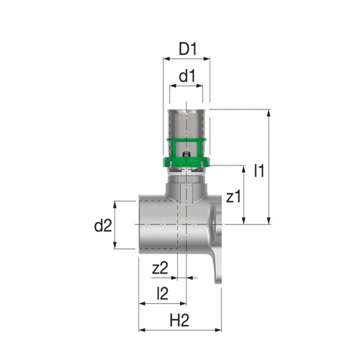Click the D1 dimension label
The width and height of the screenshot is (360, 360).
coord(187,50)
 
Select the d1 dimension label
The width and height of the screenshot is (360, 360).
coord(187,74)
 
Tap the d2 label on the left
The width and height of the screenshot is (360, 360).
coord(104,226)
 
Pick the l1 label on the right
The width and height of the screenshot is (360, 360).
coord(260,171)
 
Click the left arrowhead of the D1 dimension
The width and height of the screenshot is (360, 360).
coord(162,62)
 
